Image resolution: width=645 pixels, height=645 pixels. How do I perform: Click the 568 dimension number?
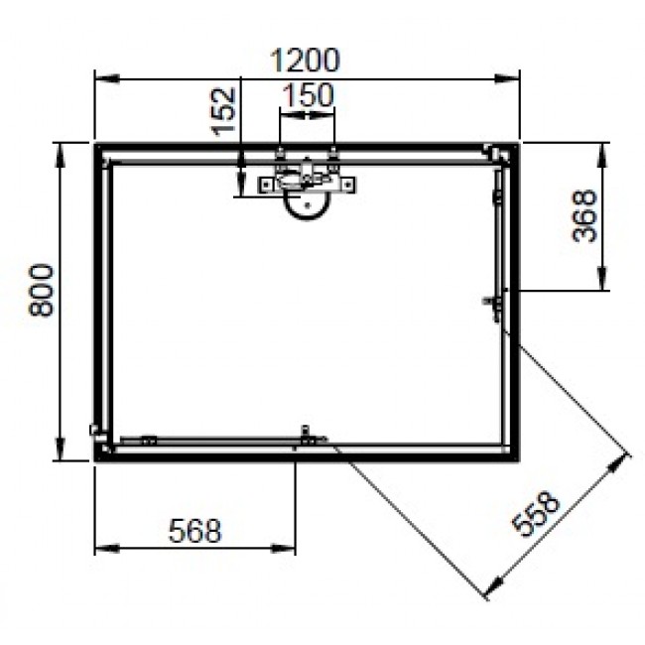click(193, 530)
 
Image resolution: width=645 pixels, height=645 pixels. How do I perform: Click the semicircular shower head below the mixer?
click(307, 202)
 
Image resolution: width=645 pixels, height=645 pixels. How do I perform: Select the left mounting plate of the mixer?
click(268, 184)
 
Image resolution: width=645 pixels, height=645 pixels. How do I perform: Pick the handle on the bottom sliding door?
click(307, 435)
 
